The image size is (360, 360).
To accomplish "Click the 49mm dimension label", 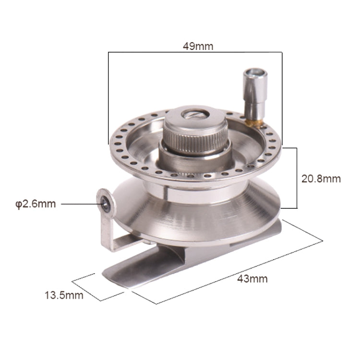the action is point(198,47).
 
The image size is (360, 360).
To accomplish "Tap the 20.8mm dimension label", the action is point(321,179).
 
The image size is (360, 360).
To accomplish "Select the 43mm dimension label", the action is point(252,279).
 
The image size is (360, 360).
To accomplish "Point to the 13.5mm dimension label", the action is point(64,295).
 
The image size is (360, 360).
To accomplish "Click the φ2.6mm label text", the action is point(36,204).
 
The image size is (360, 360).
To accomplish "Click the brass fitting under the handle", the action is point(253,123).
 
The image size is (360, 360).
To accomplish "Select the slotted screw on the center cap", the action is point(195,114).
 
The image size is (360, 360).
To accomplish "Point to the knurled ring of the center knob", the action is point(195,141).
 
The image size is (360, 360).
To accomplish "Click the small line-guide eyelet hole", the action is point(106,204).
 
